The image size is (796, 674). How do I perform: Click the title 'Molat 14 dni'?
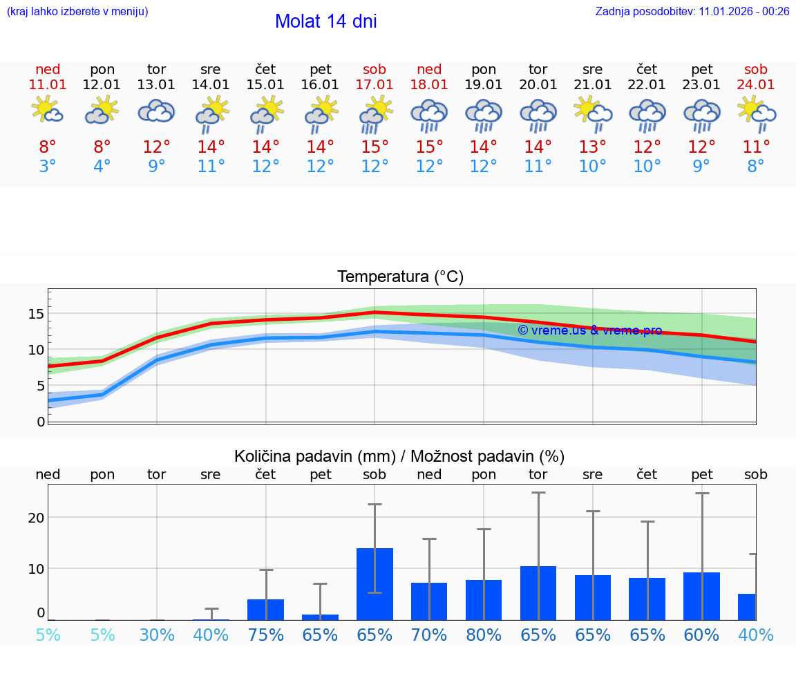(x=325, y=21)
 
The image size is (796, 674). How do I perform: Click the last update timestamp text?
(x=692, y=11)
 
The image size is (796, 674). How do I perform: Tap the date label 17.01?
(x=375, y=85)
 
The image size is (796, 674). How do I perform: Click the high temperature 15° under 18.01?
(x=429, y=147)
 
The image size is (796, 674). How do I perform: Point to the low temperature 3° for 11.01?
(x=48, y=167)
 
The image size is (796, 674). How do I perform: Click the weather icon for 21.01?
(x=592, y=112)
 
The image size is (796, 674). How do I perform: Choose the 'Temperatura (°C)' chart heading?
(x=400, y=277)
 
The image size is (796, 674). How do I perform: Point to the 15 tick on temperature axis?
(x=36, y=314)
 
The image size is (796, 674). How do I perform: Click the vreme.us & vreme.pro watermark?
(x=589, y=330)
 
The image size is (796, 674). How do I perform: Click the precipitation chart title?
(x=399, y=456)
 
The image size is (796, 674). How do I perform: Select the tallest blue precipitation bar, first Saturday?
(x=375, y=584)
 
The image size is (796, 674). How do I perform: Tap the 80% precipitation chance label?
(x=484, y=635)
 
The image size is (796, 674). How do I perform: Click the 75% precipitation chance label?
(x=265, y=635)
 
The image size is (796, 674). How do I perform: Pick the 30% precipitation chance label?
(x=157, y=635)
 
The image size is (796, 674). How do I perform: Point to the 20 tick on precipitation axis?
(x=36, y=518)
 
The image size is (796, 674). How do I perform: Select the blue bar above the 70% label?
(x=429, y=601)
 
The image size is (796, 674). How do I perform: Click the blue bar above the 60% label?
(x=701, y=596)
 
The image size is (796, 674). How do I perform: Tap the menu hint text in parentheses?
(x=77, y=11)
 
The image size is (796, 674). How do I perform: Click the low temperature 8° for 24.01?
(x=756, y=167)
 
